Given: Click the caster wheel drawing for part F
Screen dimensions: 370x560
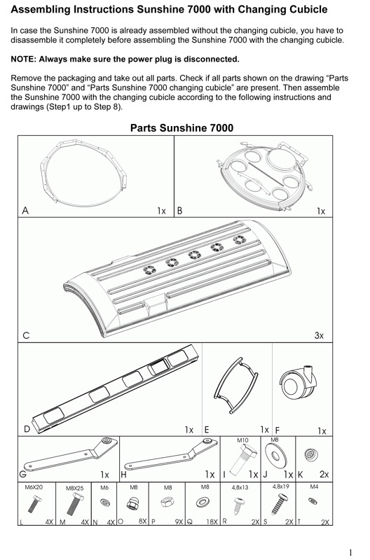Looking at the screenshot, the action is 299,386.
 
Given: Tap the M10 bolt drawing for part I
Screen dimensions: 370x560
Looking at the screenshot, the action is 242,461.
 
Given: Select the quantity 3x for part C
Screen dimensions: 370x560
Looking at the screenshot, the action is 319,335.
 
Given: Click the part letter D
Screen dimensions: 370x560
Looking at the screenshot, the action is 27,429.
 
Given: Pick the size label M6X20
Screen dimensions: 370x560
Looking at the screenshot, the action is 34,487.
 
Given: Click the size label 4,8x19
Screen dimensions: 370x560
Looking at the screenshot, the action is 280,486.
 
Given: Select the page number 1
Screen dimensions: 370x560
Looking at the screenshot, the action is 350,552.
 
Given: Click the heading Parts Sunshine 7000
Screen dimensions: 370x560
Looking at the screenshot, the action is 181,128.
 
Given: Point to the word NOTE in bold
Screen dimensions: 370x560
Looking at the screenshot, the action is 23,59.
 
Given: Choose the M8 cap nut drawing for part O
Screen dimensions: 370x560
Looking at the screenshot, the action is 132,503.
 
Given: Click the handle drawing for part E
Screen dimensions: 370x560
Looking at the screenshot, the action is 236,386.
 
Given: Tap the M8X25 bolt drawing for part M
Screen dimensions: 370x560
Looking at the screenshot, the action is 74,505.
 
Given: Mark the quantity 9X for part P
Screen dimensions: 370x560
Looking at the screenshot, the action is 179,521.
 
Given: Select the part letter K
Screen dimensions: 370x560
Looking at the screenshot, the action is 301,475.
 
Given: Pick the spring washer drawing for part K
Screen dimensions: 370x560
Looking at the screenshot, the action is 310,454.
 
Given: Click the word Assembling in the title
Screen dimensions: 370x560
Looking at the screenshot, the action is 41,10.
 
